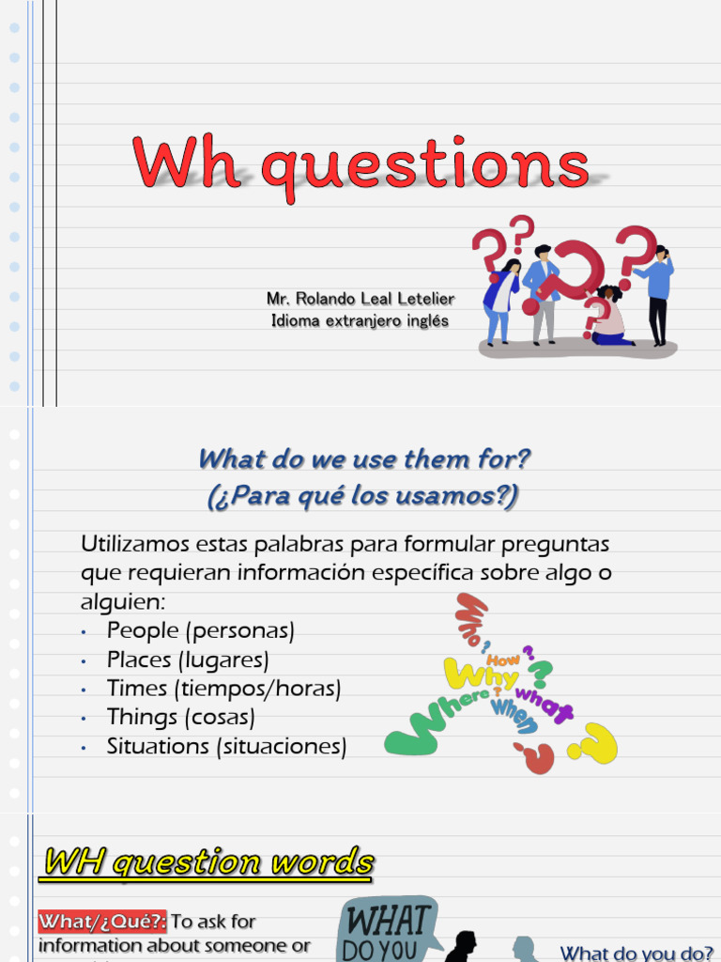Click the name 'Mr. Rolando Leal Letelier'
[x=360, y=299]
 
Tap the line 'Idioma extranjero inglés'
[x=360, y=321]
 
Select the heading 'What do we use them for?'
[x=364, y=460]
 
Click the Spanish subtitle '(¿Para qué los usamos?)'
[x=362, y=495]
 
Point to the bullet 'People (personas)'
[x=200, y=630]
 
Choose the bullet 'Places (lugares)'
[x=188, y=659]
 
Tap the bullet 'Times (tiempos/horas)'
[x=223, y=689]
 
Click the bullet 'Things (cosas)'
[x=180, y=718]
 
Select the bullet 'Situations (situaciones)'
[x=226, y=747]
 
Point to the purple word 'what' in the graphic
[x=544, y=705]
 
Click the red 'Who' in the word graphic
[x=470, y=616]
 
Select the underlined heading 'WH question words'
[x=208, y=861]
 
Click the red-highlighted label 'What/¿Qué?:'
[x=102, y=922]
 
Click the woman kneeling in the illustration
[x=608, y=318]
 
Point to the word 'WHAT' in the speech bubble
[x=387, y=918]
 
